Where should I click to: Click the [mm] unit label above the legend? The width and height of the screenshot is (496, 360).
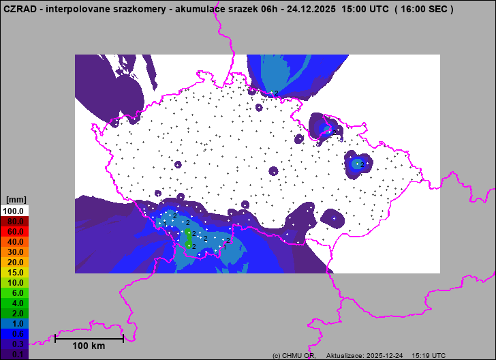(x=16, y=200)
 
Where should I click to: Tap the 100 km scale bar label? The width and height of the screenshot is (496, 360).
(x=89, y=346)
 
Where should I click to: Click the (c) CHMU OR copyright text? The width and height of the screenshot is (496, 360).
(x=293, y=356)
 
